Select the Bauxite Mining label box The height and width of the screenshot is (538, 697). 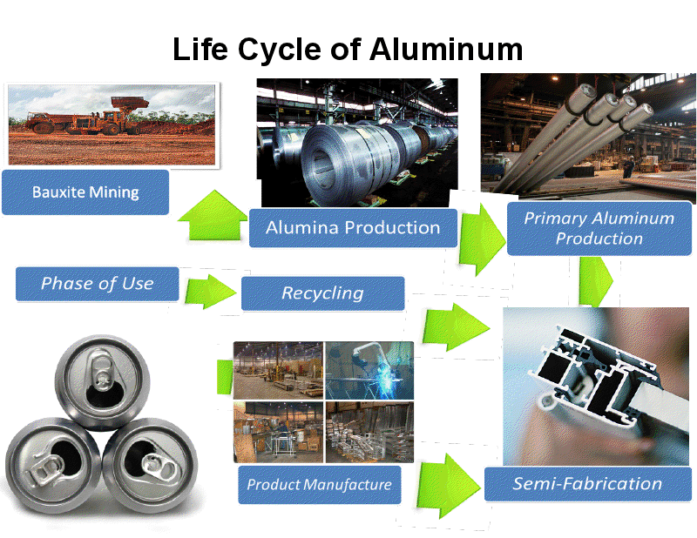click(85, 192)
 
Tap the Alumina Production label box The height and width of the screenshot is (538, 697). click(352, 228)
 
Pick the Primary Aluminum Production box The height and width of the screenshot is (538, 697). click(599, 229)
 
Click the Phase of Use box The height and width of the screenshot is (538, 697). click(97, 284)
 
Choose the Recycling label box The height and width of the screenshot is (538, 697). click(322, 293)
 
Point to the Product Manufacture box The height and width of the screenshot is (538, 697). click(319, 485)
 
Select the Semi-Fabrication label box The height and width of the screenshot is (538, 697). click(586, 484)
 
